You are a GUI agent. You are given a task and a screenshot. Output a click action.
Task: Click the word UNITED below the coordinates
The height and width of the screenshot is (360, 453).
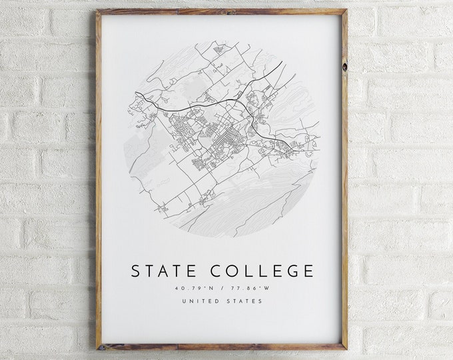click(x=199, y=301)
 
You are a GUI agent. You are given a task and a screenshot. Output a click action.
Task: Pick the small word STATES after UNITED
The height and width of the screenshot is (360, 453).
click(x=244, y=301)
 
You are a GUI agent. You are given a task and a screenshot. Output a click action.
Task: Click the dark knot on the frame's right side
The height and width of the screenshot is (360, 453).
click(x=344, y=67)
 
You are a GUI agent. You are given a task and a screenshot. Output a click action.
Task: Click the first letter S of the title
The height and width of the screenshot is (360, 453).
click(x=137, y=271)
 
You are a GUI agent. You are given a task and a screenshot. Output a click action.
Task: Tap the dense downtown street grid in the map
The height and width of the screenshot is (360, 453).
click(x=223, y=133)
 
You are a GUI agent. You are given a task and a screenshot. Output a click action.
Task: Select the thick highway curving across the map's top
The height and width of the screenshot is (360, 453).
click(x=200, y=107)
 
